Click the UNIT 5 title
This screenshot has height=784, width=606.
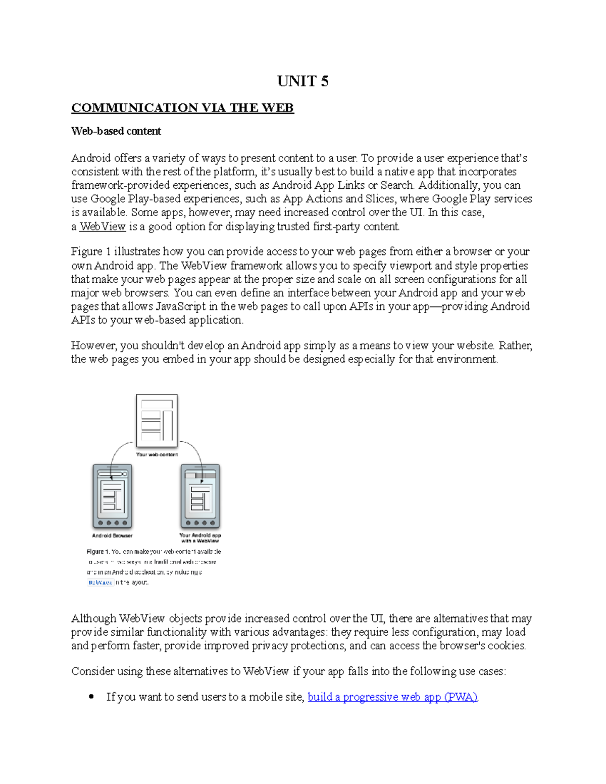[302, 81]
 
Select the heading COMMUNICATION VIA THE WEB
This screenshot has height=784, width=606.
[182, 108]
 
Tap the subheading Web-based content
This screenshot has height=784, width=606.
[116, 131]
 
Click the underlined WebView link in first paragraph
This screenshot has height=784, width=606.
[103, 227]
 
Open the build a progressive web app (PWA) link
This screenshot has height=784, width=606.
[392, 697]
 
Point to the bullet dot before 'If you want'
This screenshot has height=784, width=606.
[91, 697]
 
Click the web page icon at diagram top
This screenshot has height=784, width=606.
[157, 421]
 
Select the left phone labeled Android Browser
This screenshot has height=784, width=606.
[112, 496]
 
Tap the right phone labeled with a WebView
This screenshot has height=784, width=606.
[200, 496]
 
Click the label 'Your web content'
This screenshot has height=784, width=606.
[157, 454]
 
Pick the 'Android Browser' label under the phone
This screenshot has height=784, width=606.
[112, 536]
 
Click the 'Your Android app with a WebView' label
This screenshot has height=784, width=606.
[200, 538]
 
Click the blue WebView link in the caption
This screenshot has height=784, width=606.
[100, 582]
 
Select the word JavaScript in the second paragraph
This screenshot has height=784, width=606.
[181, 306]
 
